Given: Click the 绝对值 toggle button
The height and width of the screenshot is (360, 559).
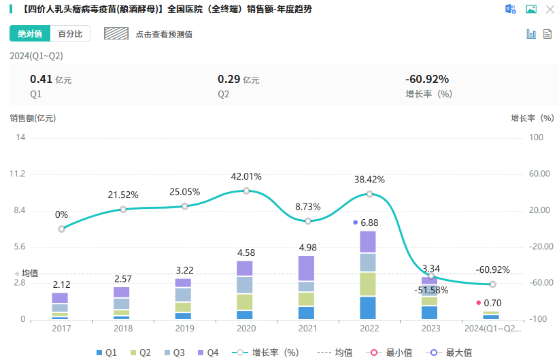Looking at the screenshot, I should tap(30, 34).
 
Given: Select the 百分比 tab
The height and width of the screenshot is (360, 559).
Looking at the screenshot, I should tap(71, 34).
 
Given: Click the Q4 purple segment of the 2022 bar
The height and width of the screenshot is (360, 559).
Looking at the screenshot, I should tap(368, 242).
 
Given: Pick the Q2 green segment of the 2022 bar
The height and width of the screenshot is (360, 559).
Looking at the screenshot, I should tap(368, 284).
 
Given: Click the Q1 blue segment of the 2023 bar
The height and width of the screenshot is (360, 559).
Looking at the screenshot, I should tap(429, 312).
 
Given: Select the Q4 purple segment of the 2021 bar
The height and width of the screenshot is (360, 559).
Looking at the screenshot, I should tap(307, 268).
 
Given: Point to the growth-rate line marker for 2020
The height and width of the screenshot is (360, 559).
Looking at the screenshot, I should tap(246, 191).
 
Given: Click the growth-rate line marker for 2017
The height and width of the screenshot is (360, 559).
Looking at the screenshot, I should tap(61, 229).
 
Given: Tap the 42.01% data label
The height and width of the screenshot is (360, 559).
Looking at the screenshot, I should tap(246, 176).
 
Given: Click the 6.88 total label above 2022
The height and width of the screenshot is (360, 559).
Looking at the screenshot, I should tap(369, 223).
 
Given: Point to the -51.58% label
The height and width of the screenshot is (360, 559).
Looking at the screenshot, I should tap(431, 291).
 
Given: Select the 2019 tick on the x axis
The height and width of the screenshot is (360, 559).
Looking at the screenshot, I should tap(184, 329).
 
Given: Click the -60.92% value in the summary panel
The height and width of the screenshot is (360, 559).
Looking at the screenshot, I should tap(426, 79).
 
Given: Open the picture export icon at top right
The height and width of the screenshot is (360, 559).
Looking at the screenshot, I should tap(532, 9).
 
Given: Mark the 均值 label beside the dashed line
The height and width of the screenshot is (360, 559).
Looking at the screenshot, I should tap(30, 273).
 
